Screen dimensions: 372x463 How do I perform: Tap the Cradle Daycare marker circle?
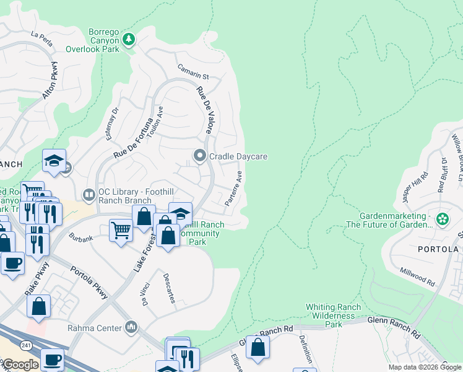coord(199,156)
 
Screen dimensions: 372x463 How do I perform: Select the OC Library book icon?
coord(90,195)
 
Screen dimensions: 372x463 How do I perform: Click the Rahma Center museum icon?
coord(131,327)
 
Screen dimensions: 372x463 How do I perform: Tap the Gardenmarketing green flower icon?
coord(442,219)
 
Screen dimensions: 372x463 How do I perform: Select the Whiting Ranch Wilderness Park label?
coord(333,315)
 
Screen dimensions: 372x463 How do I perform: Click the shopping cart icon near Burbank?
coord(121,229)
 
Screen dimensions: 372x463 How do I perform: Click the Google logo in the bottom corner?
coord(20,365)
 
